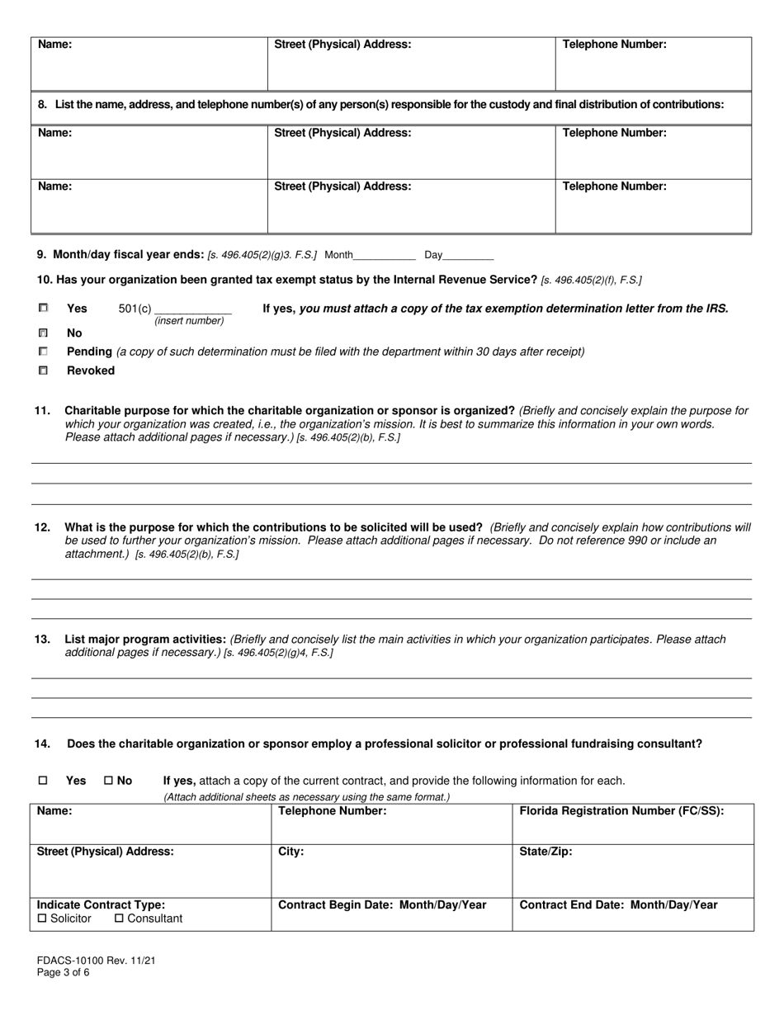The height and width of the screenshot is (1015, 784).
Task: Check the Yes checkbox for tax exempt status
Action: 43,308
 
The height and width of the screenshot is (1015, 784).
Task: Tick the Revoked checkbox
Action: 43,371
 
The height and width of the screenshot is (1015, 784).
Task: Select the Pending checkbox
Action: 43,352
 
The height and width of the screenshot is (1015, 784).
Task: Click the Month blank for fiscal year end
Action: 384,256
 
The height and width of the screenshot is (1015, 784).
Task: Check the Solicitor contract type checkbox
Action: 43,918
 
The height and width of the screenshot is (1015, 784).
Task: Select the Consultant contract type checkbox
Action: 119,918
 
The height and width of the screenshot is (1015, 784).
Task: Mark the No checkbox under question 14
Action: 109,781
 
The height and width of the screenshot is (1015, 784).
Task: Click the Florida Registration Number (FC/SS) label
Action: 621,811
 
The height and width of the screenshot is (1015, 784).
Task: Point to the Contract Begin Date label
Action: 382,905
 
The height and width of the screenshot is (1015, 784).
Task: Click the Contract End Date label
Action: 618,905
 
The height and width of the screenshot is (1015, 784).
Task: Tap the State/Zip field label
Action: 545,852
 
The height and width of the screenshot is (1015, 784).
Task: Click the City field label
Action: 291,852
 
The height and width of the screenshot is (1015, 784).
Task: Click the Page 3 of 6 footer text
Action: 64,972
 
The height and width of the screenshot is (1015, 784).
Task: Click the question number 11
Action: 42,410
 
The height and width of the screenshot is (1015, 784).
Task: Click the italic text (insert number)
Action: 189,321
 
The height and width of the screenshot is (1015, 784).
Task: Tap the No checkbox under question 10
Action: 43,333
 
